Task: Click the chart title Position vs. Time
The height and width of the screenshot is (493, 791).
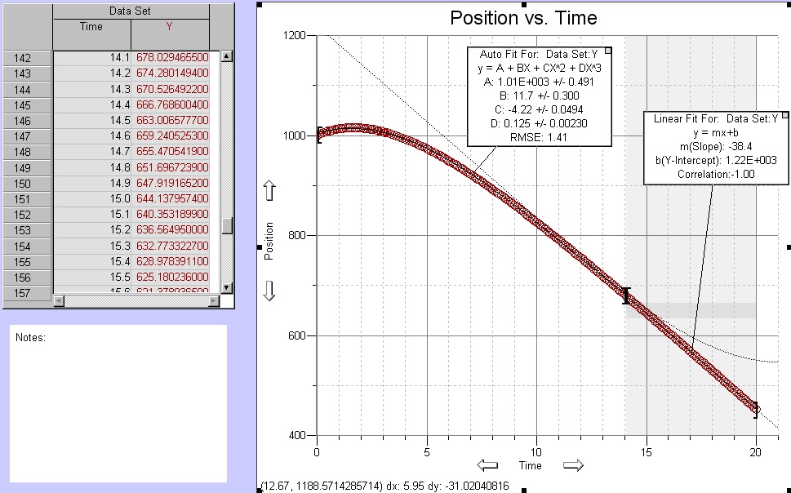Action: pos(523,18)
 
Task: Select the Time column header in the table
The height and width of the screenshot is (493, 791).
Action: pos(91,27)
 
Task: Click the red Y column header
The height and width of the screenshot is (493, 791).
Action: pos(169,27)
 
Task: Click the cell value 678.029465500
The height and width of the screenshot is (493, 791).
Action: pos(178,57)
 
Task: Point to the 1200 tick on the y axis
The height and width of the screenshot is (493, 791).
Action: pos(293,36)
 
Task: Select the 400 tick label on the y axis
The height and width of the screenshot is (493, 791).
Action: pos(295,436)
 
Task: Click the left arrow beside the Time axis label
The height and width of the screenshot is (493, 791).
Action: pos(487,465)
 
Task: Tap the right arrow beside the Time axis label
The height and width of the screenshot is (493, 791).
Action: pos(574,465)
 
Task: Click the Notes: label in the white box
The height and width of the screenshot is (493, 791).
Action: pos(31,337)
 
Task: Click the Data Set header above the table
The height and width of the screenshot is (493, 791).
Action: pos(131,11)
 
